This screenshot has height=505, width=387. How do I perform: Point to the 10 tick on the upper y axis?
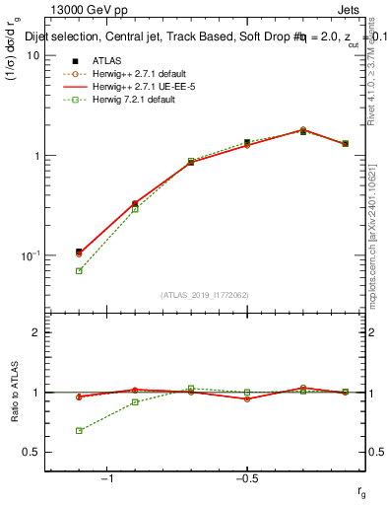[33, 55]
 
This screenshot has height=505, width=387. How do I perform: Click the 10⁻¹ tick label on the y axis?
[30, 256]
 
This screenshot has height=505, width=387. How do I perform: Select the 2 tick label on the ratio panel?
[36, 332]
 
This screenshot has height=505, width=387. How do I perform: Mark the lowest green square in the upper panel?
[79, 270]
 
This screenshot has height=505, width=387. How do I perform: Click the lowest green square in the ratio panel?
[79, 430]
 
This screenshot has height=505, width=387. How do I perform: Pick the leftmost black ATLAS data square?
[79, 252]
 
